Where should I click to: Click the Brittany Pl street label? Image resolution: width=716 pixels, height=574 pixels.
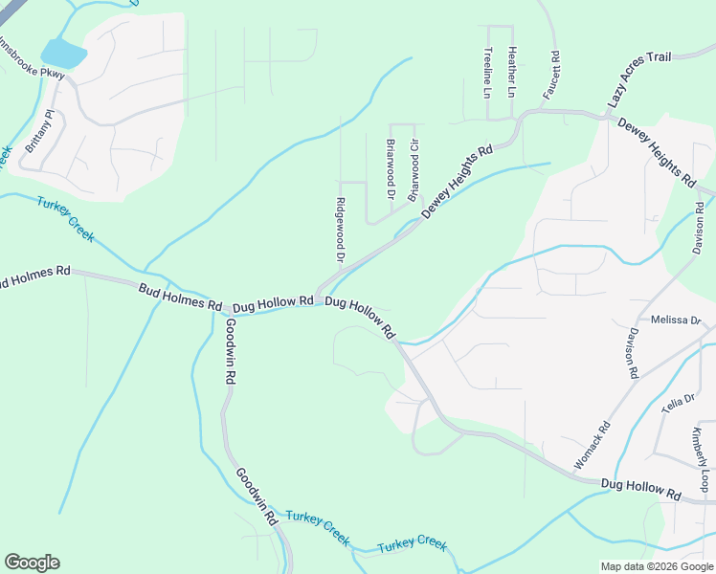41,132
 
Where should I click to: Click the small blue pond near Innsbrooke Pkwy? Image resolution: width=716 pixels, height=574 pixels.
62,53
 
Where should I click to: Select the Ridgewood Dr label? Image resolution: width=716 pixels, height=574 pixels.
340,230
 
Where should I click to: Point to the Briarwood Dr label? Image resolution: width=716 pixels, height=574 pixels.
391,168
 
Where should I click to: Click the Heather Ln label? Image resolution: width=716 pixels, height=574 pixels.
512,73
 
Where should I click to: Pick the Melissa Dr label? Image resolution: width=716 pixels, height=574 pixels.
676,320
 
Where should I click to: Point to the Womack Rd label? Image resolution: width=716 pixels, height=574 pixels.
591,446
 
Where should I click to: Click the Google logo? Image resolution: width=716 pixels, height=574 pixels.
32,563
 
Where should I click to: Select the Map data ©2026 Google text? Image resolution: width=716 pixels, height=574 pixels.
657,566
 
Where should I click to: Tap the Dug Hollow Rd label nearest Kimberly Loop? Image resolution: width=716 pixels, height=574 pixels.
640,489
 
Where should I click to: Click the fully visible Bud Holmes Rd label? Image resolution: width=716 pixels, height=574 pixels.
180,297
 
